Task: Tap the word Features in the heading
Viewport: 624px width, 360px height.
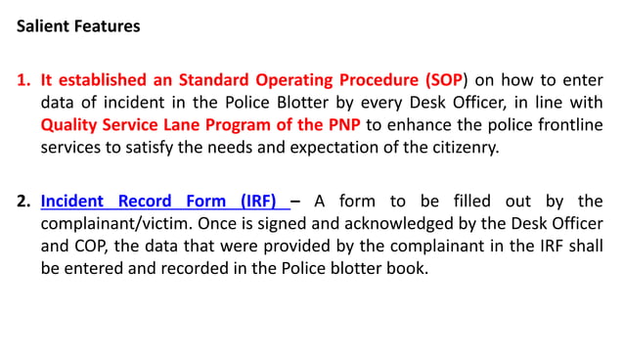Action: [x=106, y=26]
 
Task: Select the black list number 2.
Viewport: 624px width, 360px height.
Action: [x=22, y=202]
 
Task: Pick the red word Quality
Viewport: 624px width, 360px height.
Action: [x=69, y=125]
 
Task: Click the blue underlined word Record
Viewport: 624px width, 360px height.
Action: [x=145, y=202]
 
